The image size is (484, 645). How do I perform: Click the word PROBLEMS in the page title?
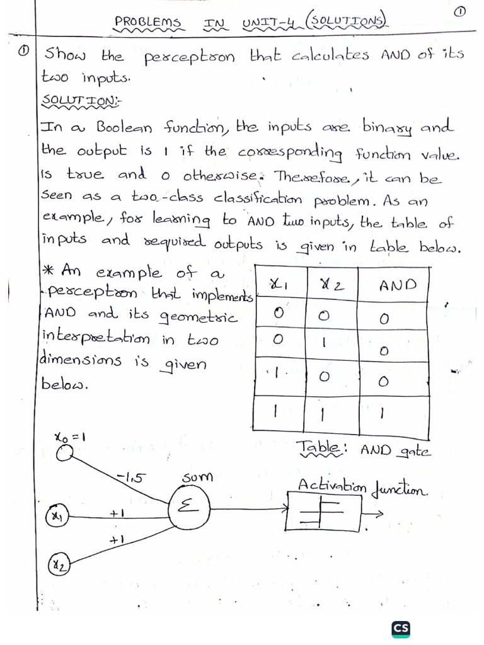point(147,22)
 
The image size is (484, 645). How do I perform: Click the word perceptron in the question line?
point(190,57)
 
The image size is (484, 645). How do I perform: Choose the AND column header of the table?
point(398,285)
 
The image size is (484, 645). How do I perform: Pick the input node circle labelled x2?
point(58,564)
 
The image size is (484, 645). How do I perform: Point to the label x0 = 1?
point(71,436)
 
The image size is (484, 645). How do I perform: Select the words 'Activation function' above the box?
point(362,487)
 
